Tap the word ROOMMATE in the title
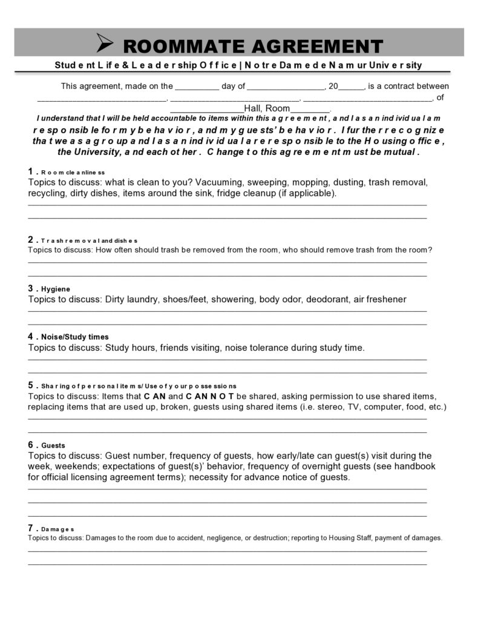tap(183, 46)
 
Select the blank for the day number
tap(197, 87)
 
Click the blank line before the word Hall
tap(206, 109)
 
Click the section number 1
tap(31, 171)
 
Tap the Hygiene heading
tap(56, 289)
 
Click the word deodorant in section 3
tap(327, 299)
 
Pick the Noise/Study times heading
tap(75, 337)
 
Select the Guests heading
tap(53, 445)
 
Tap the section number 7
tap(31, 528)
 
